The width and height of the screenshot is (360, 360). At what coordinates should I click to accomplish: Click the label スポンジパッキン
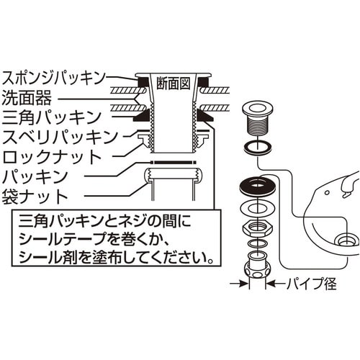pos(53,78)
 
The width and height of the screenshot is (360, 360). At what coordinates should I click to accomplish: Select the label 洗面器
pos(27,98)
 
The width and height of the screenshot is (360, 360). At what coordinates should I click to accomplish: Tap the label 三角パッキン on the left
pos(52,117)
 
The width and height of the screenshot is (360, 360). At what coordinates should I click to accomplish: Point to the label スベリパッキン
pos(60,137)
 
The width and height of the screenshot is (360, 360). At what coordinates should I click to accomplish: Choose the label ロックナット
pos(52,157)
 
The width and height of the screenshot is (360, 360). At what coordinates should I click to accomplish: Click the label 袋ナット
pos(35,197)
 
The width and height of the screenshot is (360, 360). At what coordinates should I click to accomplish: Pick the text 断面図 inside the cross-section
pos(174,84)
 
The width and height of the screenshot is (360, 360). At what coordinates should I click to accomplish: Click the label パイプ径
pos(311,284)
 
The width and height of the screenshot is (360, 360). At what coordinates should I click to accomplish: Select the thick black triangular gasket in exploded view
pos(258,185)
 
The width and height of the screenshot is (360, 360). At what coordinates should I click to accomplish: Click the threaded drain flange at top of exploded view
pos(257,119)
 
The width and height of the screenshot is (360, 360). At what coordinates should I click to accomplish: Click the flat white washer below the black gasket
pos(258,207)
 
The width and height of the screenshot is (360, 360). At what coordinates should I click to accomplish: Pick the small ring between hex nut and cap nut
pos(258,243)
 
